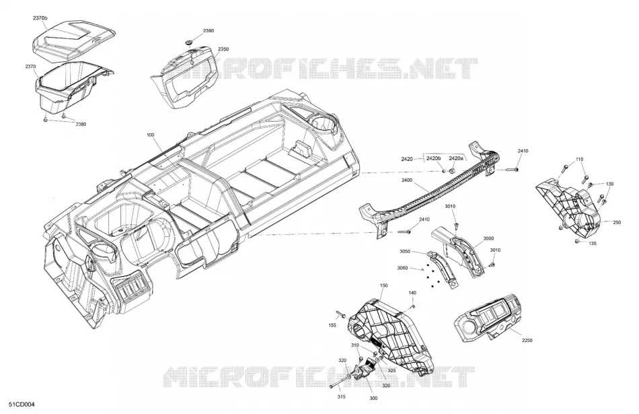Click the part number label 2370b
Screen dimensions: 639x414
tap(40, 18)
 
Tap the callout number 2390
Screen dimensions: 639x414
tap(209, 31)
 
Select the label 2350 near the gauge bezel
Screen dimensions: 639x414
tap(223, 49)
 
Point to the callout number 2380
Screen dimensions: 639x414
tap(81, 125)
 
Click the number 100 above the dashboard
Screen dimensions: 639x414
tap(151, 135)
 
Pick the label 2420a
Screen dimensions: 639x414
tap(456, 158)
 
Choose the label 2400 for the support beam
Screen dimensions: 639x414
tap(407, 180)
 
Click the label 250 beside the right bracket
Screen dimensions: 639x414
tap(617, 222)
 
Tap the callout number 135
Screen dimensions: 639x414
tap(593, 244)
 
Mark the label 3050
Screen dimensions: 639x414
tap(405, 252)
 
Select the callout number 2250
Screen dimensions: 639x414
tap(527, 340)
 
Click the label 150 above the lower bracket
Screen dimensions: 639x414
tap(383, 285)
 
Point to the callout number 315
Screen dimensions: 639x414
tap(342, 396)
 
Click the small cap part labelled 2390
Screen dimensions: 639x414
tap(189, 42)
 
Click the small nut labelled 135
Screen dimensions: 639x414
tap(577, 242)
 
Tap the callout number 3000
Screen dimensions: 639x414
tap(488, 238)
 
